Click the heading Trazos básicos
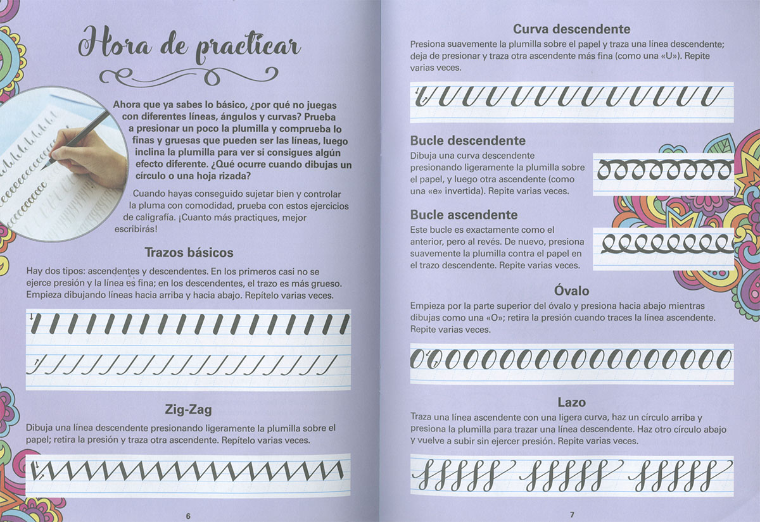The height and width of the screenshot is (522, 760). (x=189, y=252)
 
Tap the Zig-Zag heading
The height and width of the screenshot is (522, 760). (x=188, y=409)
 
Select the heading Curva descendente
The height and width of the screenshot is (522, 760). (x=572, y=29)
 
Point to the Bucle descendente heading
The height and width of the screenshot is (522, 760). (x=468, y=140)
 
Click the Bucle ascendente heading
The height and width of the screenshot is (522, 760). (x=464, y=215)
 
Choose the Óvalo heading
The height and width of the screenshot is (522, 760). (x=572, y=291)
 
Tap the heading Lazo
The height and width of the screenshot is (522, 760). (x=572, y=402)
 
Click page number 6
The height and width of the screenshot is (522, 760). (x=188, y=516)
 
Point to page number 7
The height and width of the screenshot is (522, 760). (x=572, y=514)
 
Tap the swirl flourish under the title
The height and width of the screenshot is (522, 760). (x=189, y=77)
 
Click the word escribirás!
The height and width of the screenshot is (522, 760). (x=136, y=229)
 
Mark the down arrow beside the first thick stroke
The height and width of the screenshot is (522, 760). (x=32, y=316)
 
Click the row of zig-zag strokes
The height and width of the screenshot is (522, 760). (x=187, y=471)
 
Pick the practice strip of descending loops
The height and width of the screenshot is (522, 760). (x=663, y=175)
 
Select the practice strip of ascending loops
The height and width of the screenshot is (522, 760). (x=663, y=249)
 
